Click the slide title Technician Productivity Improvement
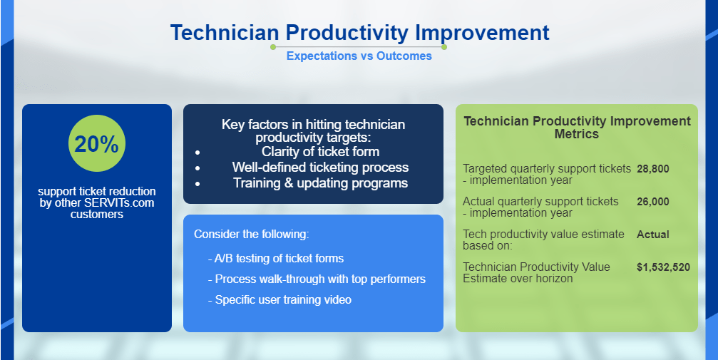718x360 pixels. (x=359, y=33)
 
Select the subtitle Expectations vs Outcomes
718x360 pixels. (x=359, y=56)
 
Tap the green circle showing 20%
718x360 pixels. (x=97, y=143)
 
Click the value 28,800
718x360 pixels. (x=653, y=168)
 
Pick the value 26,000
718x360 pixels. (x=653, y=202)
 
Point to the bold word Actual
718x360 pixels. (x=653, y=235)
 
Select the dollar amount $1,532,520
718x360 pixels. (x=663, y=267)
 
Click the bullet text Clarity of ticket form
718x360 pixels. (x=321, y=152)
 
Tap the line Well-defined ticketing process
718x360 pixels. (x=321, y=168)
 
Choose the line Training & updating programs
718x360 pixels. (x=321, y=182)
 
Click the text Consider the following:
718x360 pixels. (x=252, y=234)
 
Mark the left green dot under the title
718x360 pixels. (x=273, y=47)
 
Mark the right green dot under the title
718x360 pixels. (x=443, y=47)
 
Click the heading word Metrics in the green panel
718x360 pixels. (x=577, y=134)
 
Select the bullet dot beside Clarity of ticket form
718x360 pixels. (x=198, y=153)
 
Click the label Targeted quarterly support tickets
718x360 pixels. (x=547, y=168)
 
